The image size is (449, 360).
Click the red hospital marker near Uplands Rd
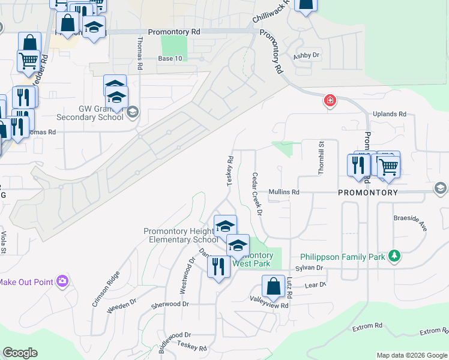click(x=330, y=101)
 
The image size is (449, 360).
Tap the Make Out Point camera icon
click(x=62, y=281)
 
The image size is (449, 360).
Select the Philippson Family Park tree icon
click(x=394, y=257)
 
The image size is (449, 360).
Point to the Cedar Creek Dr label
click(x=257, y=193)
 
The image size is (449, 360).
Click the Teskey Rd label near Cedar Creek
click(x=230, y=172)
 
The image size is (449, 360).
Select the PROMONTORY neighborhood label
click(x=367, y=193)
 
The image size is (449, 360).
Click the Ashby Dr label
click(x=307, y=56)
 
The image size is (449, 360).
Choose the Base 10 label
click(x=170, y=58)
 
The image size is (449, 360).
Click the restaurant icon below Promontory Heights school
click(x=218, y=265)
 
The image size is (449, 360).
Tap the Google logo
click(x=20, y=353)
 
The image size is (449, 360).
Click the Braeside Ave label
click(x=410, y=224)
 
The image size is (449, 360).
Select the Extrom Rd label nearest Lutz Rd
click(x=367, y=326)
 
